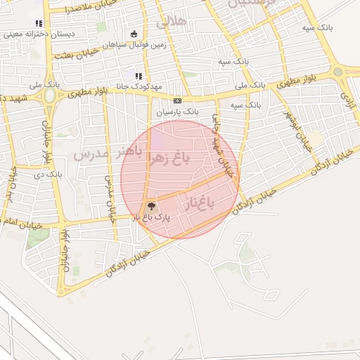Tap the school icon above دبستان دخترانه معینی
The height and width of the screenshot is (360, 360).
coord(38,23)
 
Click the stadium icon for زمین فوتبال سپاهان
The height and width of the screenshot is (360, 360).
coord(134,34)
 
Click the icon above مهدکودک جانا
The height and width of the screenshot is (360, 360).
coord(139,76)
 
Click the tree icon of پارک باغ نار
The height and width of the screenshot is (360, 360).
coord(150,206)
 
